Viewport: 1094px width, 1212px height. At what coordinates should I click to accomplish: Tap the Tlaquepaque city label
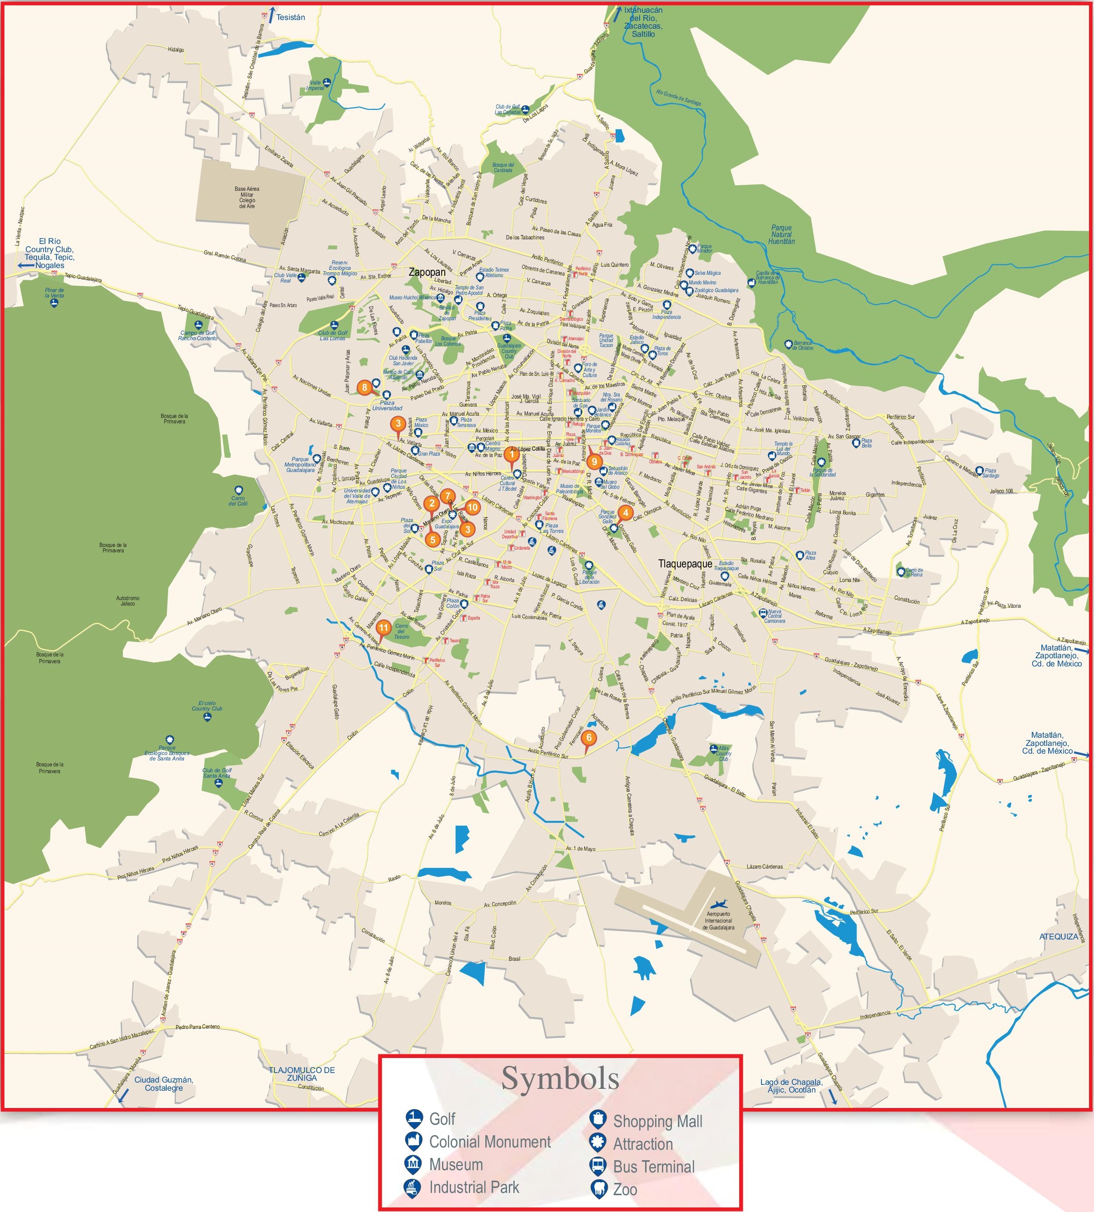coord(685,564)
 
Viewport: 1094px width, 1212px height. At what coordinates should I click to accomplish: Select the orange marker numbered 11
coord(383,629)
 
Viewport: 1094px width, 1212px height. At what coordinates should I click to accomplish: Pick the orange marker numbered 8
coord(364,387)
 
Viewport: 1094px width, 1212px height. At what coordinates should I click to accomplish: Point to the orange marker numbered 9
coord(594,462)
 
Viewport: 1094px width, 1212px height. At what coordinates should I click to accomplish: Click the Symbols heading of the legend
coord(560,1078)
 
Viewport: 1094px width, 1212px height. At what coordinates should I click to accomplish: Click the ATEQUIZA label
coord(1059,937)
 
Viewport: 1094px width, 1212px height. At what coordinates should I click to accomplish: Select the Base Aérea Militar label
coord(247,197)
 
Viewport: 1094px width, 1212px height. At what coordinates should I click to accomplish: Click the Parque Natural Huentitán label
coord(781,234)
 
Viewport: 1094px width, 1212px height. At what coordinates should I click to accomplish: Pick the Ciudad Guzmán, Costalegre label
coord(163,1083)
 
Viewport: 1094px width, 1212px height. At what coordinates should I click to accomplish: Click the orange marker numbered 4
coord(626,512)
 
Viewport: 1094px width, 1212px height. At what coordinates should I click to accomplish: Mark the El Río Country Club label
coord(50,253)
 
